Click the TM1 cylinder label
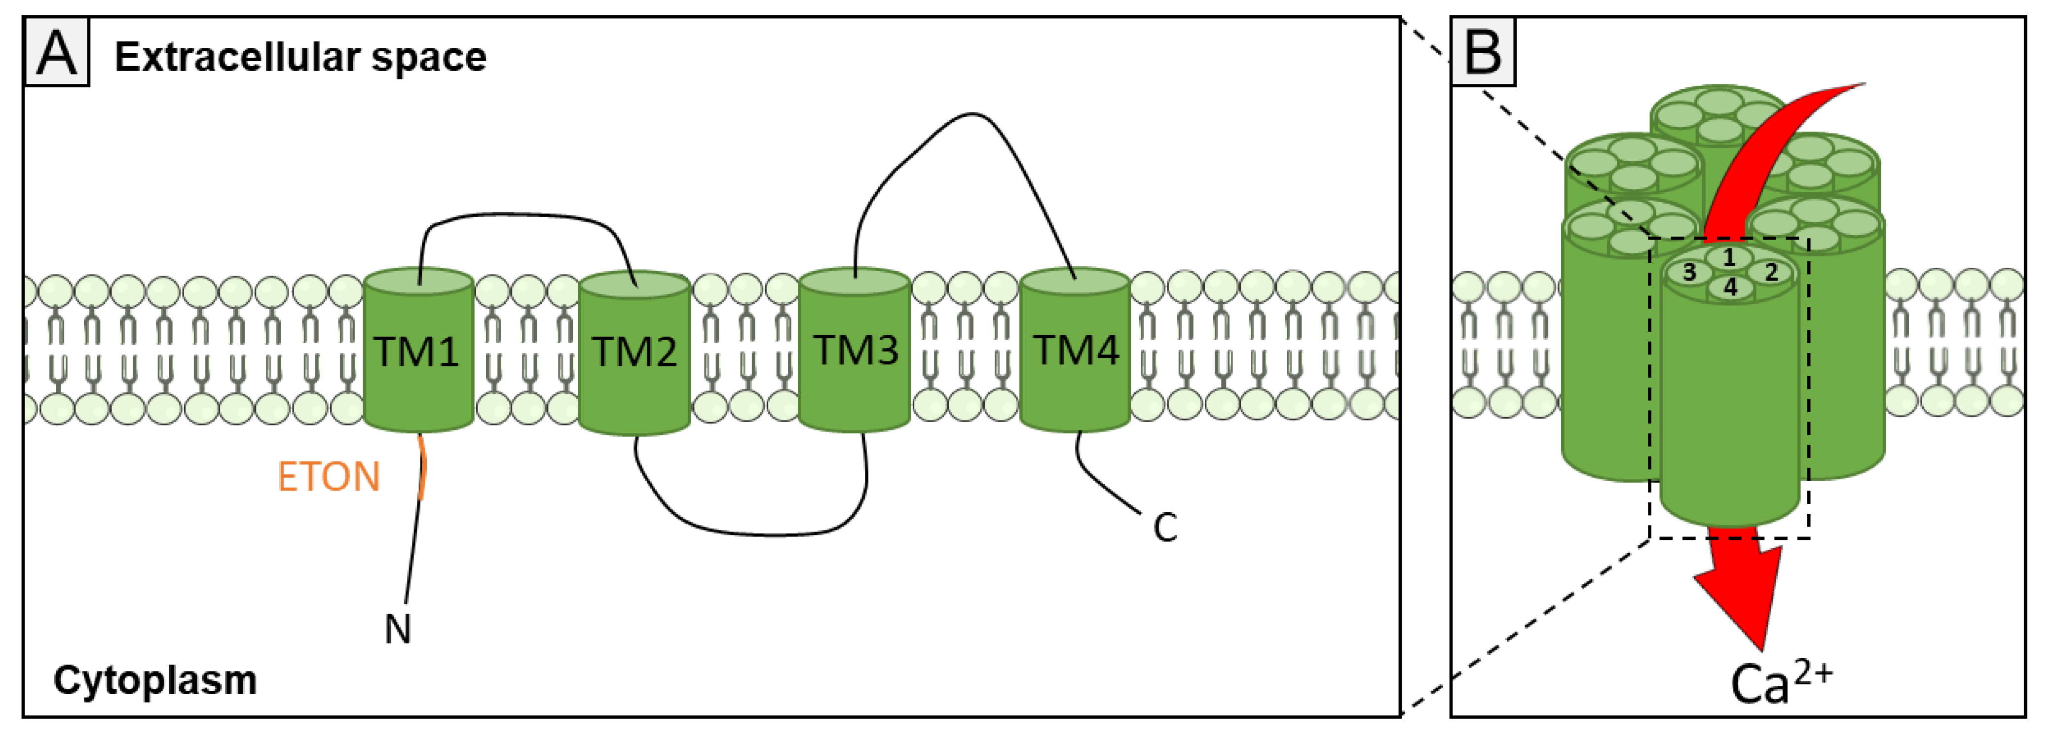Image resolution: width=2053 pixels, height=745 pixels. [417, 352]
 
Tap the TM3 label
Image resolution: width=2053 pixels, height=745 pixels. [855, 350]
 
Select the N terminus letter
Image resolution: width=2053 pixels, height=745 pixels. [398, 630]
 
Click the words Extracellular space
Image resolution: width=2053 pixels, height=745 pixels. [300, 57]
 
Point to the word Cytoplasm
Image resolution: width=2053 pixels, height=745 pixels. [155, 680]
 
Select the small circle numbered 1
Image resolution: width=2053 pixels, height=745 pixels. [1729, 257]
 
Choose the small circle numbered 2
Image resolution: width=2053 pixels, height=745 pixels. [1771, 273]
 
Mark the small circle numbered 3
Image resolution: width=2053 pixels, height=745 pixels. [1689, 273]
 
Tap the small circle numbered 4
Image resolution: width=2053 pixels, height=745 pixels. [1730, 287]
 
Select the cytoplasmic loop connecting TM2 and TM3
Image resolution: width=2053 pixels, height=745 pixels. [757, 533]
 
